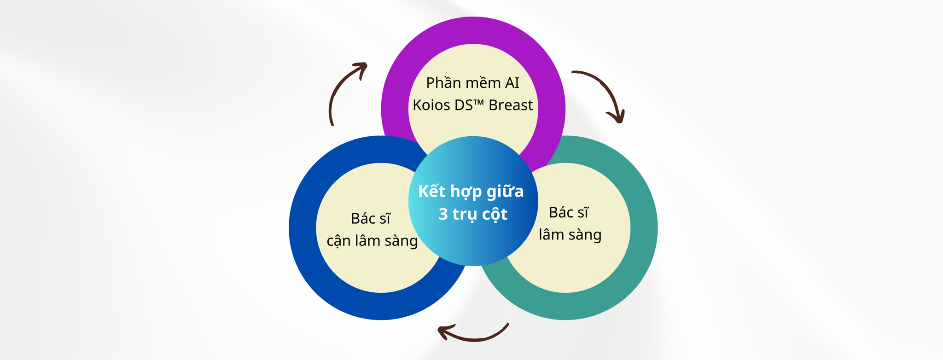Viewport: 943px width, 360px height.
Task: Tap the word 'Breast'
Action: click(511, 105)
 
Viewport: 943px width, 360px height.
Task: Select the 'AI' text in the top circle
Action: click(512, 83)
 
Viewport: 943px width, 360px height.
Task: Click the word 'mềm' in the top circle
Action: click(481, 83)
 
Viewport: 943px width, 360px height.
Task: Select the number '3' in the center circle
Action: click(443, 214)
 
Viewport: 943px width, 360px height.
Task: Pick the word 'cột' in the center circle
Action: click(495, 214)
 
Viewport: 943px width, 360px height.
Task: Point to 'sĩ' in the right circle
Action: click(582, 213)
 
